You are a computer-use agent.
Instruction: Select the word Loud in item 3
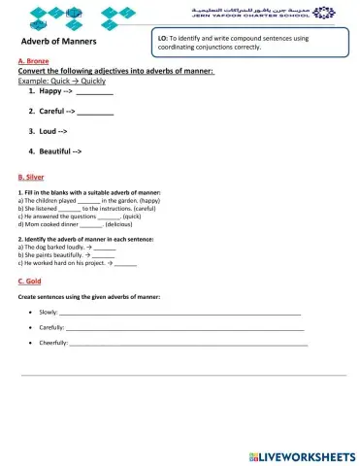click(49, 131)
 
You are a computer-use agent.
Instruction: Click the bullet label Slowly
click(49, 313)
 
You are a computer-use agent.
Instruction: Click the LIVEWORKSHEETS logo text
click(307, 455)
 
